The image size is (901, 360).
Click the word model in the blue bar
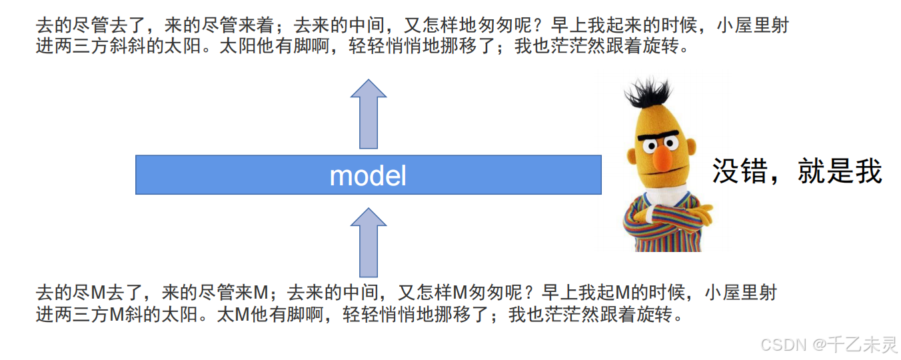tap(368, 175)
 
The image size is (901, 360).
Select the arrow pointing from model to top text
tap(369, 113)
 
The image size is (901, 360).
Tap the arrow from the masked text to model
tap(369, 242)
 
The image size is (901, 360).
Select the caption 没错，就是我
tap(797, 171)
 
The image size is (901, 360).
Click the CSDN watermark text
tap(784, 345)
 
